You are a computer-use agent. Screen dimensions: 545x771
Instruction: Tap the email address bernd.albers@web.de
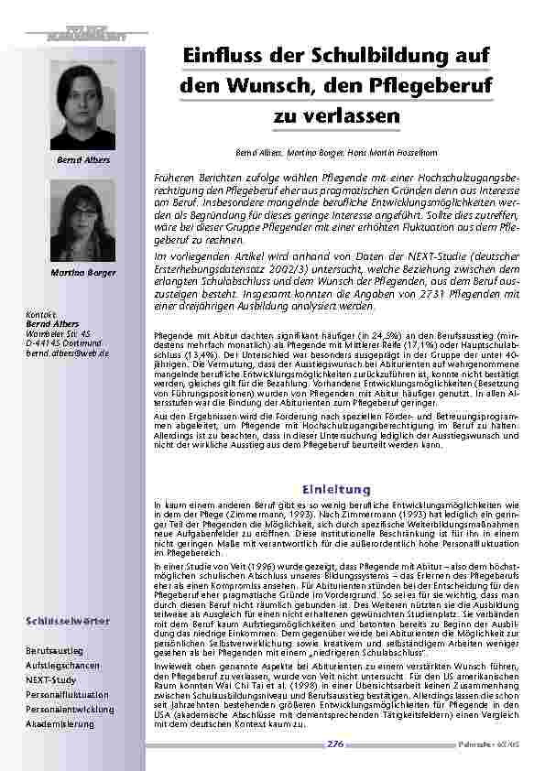click(68, 353)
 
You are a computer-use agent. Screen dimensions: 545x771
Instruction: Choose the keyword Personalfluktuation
click(68, 694)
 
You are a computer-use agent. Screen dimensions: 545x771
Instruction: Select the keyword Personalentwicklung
click(70, 709)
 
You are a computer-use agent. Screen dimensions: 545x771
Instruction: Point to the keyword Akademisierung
click(60, 723)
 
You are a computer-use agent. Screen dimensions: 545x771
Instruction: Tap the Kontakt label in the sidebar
click(41, 315)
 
